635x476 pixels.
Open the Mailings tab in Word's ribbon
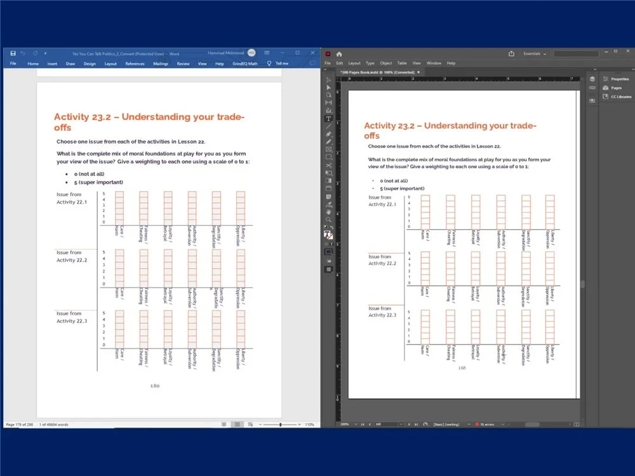click(x=160, y=63)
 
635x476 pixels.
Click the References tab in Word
click(x=135, y=63)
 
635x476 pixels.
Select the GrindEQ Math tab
click(x=245, y=63)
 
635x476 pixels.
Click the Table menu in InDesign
click(x=402, y=63)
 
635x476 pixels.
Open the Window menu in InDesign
click(x=434, y=63)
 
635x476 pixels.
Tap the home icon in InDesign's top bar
click(x=339, y=54)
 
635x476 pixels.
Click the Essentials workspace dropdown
click(x=535, y=54)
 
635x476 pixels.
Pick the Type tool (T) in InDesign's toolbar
click(x=328, y=119)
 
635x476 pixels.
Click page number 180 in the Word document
click(x=154, y=385)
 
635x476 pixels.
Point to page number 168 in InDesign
click(x=462, y=367)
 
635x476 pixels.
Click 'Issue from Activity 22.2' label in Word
click(x=71, y=256)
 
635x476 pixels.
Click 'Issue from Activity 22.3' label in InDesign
click(x=382, y=312)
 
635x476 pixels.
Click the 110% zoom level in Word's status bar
click(x=310, y=424)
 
